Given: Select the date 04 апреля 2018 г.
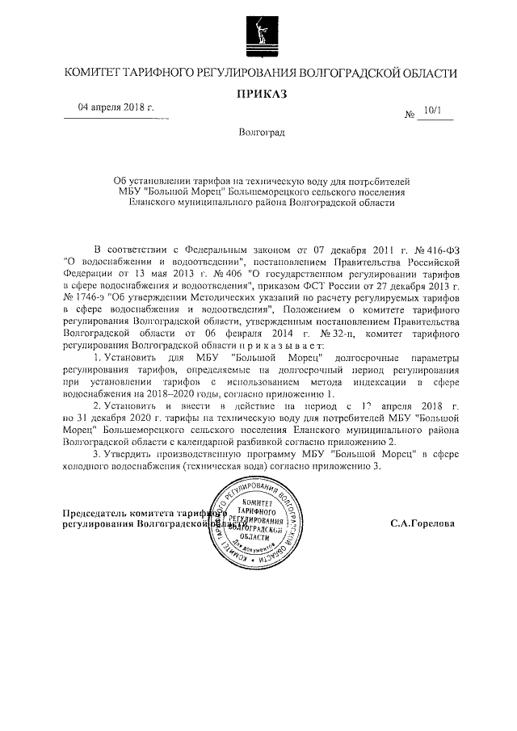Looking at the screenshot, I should click(x=116, y=107).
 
